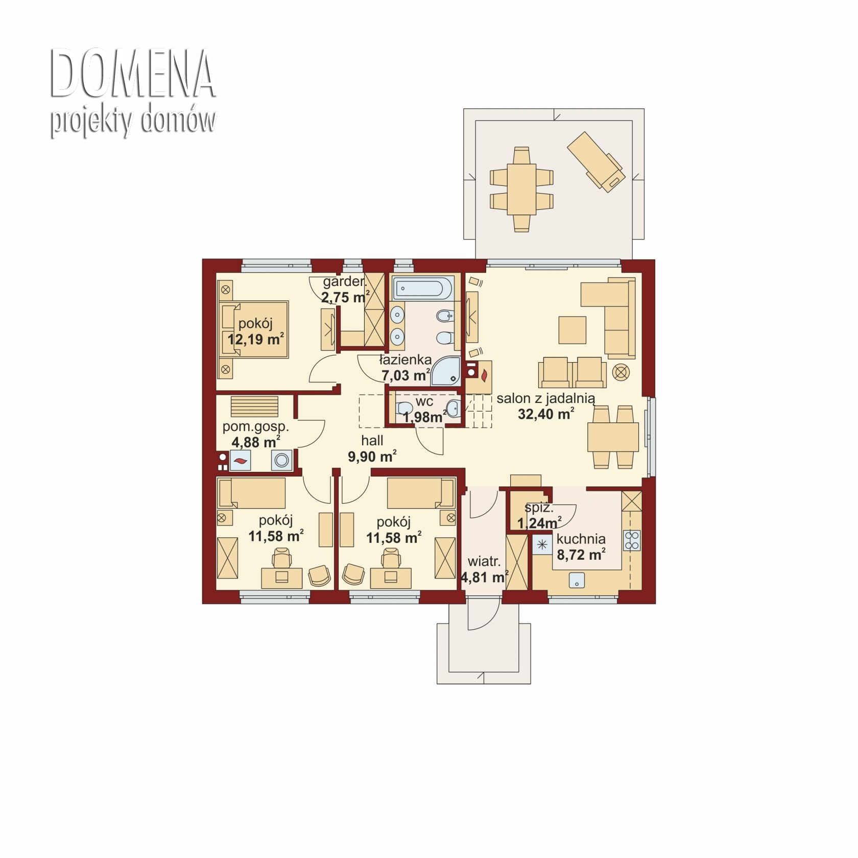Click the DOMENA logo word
tap(132, 74)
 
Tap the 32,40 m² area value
tap(545, 414)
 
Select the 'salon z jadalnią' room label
tap(545, 398)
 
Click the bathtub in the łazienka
tap(422, 289)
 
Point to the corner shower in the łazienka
tap(446, 371)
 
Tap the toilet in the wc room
tap(404, 408)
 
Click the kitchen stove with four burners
tap(632, 540)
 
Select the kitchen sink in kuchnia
tap(577, 580)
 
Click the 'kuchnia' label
tap(581, 539)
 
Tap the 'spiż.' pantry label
tap(539, 508)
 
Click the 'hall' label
tap(372, 440)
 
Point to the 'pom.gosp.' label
tap(255, 427)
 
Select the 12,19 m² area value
tap(255, 339)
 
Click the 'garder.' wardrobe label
tap(345, 281)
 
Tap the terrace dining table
tap(521, 189)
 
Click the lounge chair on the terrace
tap(596, 162)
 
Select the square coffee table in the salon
tap(572, 330)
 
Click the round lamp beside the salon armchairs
tap(621, 372)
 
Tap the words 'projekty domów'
tap(133, 122)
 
